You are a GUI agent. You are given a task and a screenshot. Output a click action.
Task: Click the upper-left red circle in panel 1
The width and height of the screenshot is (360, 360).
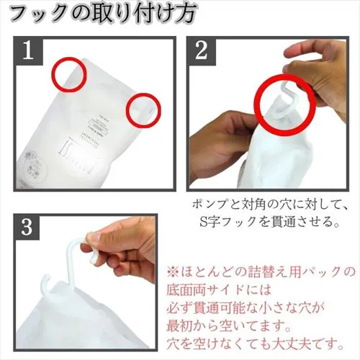pyautogui.click(x=68, y=74)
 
